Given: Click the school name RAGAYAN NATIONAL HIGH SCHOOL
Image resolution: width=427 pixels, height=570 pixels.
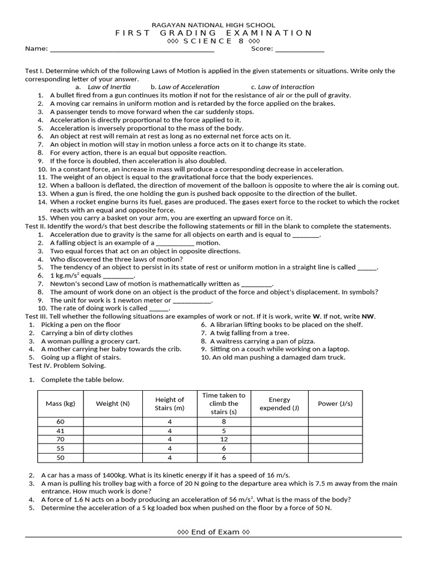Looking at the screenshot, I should (x=213, y=25).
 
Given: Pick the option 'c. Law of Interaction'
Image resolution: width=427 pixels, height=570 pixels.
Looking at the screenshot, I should (x=282, y=87).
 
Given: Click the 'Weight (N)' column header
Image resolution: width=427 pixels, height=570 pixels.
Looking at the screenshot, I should (x=112, y=404).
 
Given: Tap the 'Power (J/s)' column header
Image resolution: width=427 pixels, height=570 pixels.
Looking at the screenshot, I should (x=335, y=404).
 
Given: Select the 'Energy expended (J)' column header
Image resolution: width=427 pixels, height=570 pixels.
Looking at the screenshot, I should (x=279, y=404).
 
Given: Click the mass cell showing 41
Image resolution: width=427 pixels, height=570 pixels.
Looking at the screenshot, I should (x=61, y=431).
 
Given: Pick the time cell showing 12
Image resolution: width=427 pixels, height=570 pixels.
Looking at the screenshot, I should (x=224, y=440).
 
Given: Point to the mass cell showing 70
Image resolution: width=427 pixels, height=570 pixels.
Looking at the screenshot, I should (x=61, y=440).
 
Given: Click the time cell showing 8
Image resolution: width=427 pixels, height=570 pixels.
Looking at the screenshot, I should (x=224, y=422).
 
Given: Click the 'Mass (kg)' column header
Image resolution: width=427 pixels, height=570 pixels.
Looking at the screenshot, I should (x=61, y=404).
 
